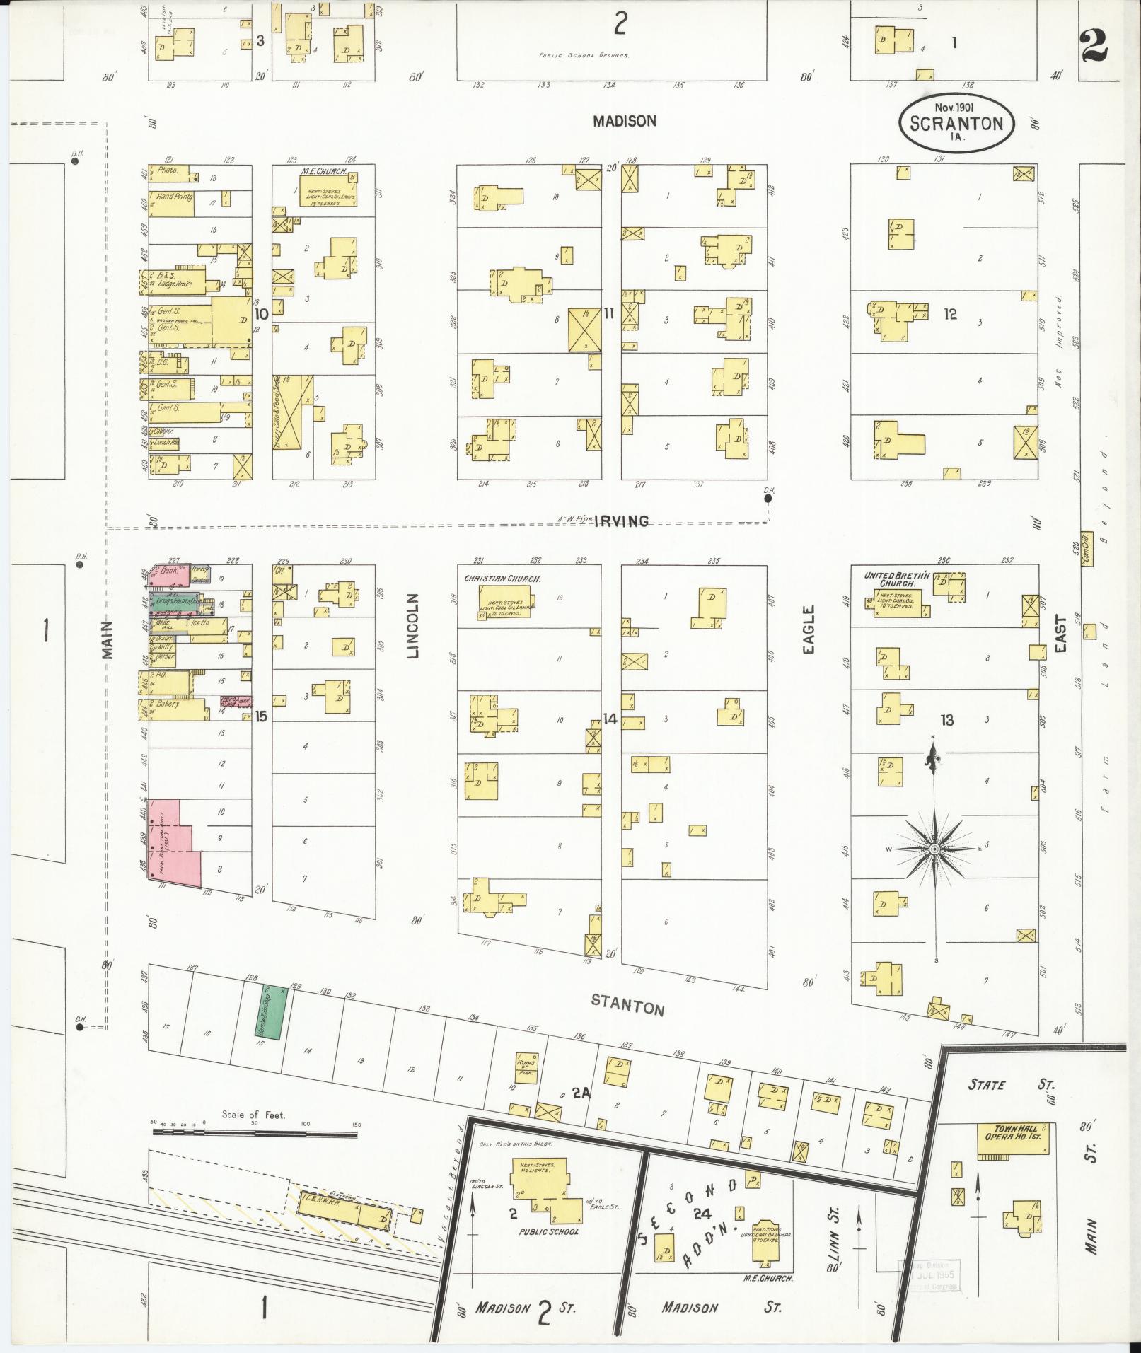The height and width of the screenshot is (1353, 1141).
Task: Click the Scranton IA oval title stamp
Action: coord(956,123)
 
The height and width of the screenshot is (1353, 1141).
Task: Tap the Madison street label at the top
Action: coord(625,121)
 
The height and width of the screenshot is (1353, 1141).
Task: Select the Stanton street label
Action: coord(628,1005)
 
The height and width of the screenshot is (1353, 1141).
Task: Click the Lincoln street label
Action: coord(414,626)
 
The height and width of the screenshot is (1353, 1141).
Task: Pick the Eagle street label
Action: coord(809,629)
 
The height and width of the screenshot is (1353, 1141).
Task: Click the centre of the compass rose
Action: coord(934,849)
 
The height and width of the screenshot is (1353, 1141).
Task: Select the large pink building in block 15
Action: coord(173,842)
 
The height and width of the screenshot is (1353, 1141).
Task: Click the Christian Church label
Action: coord(502,579)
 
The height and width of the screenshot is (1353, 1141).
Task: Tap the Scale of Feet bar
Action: coord(255,1133)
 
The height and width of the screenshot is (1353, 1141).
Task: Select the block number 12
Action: coord(949,314)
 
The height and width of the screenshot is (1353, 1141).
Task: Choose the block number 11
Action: coord(608,313)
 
